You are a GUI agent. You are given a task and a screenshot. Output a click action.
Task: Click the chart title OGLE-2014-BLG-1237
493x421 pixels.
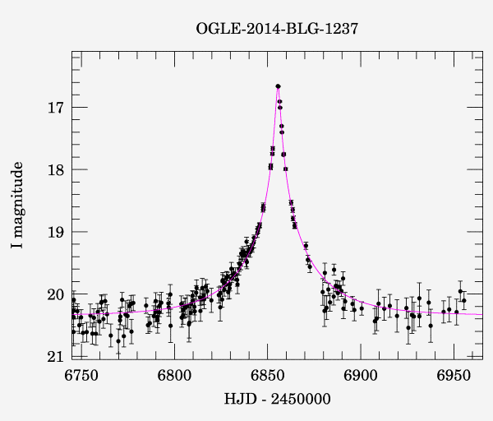coord(277,29)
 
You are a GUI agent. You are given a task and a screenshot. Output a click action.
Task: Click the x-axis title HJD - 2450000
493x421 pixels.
coord(277,400)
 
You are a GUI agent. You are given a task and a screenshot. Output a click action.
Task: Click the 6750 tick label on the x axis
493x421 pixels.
coord(81,376)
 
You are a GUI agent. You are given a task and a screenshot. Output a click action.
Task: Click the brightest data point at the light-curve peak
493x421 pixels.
coord(279,86)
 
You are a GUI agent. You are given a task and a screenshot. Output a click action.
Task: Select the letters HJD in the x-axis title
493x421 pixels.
coord(237,400)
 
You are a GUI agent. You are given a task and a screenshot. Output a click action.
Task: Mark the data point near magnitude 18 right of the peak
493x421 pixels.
coord(286,169)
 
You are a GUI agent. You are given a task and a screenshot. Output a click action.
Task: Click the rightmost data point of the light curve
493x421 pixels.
coord(464,301)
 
